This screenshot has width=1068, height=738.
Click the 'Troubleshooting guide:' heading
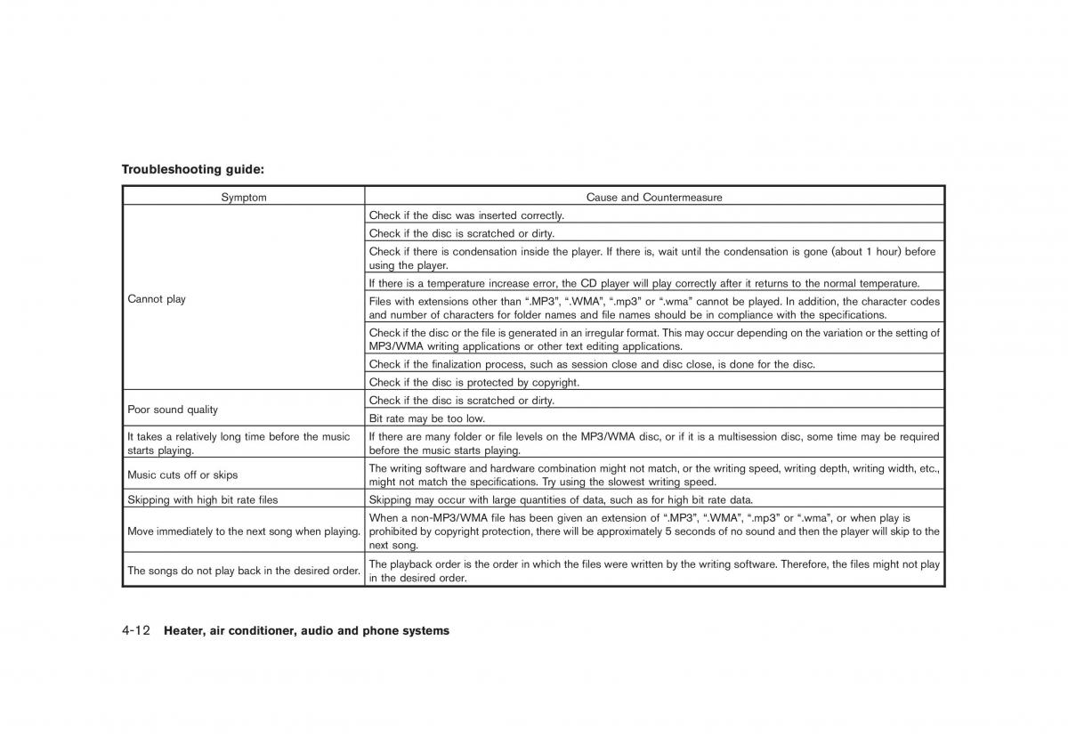[x=193, y=168]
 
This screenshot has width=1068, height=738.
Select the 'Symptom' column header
[x=243, y=198]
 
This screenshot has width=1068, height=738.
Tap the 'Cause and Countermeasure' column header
[x=654, y=198]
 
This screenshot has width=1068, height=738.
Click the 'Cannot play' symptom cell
[x=157, y=299]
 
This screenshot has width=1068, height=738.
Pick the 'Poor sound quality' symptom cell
[x=173, y=410]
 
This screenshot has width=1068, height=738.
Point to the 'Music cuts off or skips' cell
[x=182, y=475]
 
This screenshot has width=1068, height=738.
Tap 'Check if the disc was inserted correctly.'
[x=466, y=215]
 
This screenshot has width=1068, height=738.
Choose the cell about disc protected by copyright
[x=473, y=383]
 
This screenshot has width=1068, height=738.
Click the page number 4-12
[x=136, y=630]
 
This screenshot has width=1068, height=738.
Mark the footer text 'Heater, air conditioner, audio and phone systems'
[x=307, y=631]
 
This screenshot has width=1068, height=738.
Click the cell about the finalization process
[x=591, y=364]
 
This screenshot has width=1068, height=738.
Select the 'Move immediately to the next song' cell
[x=243, y=531]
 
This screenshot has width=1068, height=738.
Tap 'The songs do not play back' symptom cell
[x=243, y=571]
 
